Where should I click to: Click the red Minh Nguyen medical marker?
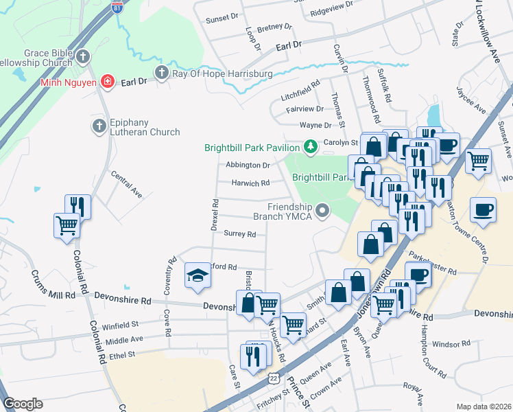click(x=107, y=82)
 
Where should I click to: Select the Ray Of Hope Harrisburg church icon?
click(x=162, y=73)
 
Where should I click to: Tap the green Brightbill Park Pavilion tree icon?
click(x=310, y=146)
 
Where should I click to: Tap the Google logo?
click(x=23, y=404)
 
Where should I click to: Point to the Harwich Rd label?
click(x=250, y=183)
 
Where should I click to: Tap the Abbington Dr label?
click(x=248, y=165)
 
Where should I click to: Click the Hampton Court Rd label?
click(x=433, y=357)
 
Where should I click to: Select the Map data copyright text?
click(x=484, y=407)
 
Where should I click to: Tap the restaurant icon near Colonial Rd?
click(x=77, y=206)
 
